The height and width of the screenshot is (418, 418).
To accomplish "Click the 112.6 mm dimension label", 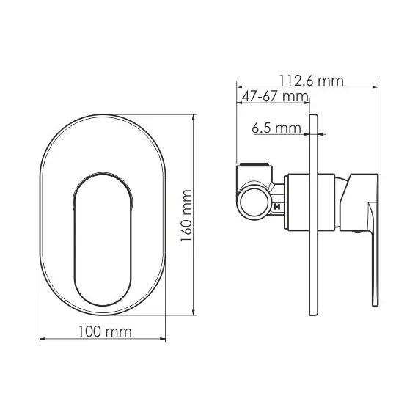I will coord(311,81).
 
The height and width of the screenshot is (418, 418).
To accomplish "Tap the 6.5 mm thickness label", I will coord(276,128).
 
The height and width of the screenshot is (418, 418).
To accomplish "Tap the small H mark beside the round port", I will coord(277,207).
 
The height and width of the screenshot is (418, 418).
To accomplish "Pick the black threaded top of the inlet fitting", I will coord(252,164).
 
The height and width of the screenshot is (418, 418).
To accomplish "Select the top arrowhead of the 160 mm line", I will coord(193,117).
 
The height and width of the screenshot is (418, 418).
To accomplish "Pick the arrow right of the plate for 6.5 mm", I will coord(323,134).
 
